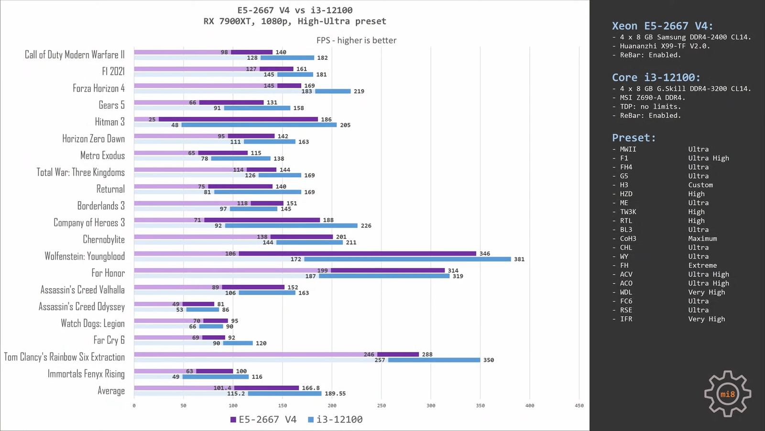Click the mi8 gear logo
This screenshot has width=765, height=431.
tap(727, 394)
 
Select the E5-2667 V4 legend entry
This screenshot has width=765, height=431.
tap(263, 420)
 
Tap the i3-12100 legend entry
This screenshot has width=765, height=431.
tap(335, 420)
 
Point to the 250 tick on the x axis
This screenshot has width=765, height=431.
tap(381, 406)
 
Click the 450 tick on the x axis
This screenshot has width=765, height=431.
tap(579, 406)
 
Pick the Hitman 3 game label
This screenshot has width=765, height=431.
tap(109, 122)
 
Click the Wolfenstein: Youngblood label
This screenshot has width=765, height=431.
tap(85, 256)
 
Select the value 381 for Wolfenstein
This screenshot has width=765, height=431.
tap(519, 260)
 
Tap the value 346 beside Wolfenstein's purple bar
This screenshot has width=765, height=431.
tap(485, 254)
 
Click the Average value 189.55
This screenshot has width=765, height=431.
tap(335, 394)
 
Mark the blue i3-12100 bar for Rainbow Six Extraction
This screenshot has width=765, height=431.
tap(434, 360)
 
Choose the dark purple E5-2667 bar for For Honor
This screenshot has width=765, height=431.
tap(388, 271)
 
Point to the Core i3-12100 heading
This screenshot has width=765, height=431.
tap(656, 78)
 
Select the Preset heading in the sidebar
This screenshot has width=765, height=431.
tap(634, 138)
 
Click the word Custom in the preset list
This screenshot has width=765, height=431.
tap(700, 185)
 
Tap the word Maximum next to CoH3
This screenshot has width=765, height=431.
tap(702, 238)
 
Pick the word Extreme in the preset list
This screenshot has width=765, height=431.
tap(702, 265)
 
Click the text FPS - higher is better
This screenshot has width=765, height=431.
tap(356, 40)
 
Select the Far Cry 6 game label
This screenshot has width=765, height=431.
tap(109, 340)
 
